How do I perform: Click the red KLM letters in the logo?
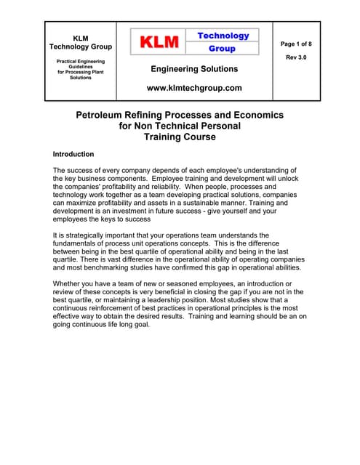click(x=160, y=42)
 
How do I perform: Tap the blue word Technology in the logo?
click(x=223, y=36)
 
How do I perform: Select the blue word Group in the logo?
click(x=222, y=49)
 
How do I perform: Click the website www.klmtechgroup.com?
click(x=193, y=88)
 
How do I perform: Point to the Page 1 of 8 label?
click(x=296, y=44)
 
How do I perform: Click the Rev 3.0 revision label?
click(x=296, y=57)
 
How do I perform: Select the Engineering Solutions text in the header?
click(x=193, y=69)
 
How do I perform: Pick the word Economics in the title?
click(x=255, y=115)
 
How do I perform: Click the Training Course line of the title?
click(x=180, y=136)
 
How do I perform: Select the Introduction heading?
click(x=73, y=155)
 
